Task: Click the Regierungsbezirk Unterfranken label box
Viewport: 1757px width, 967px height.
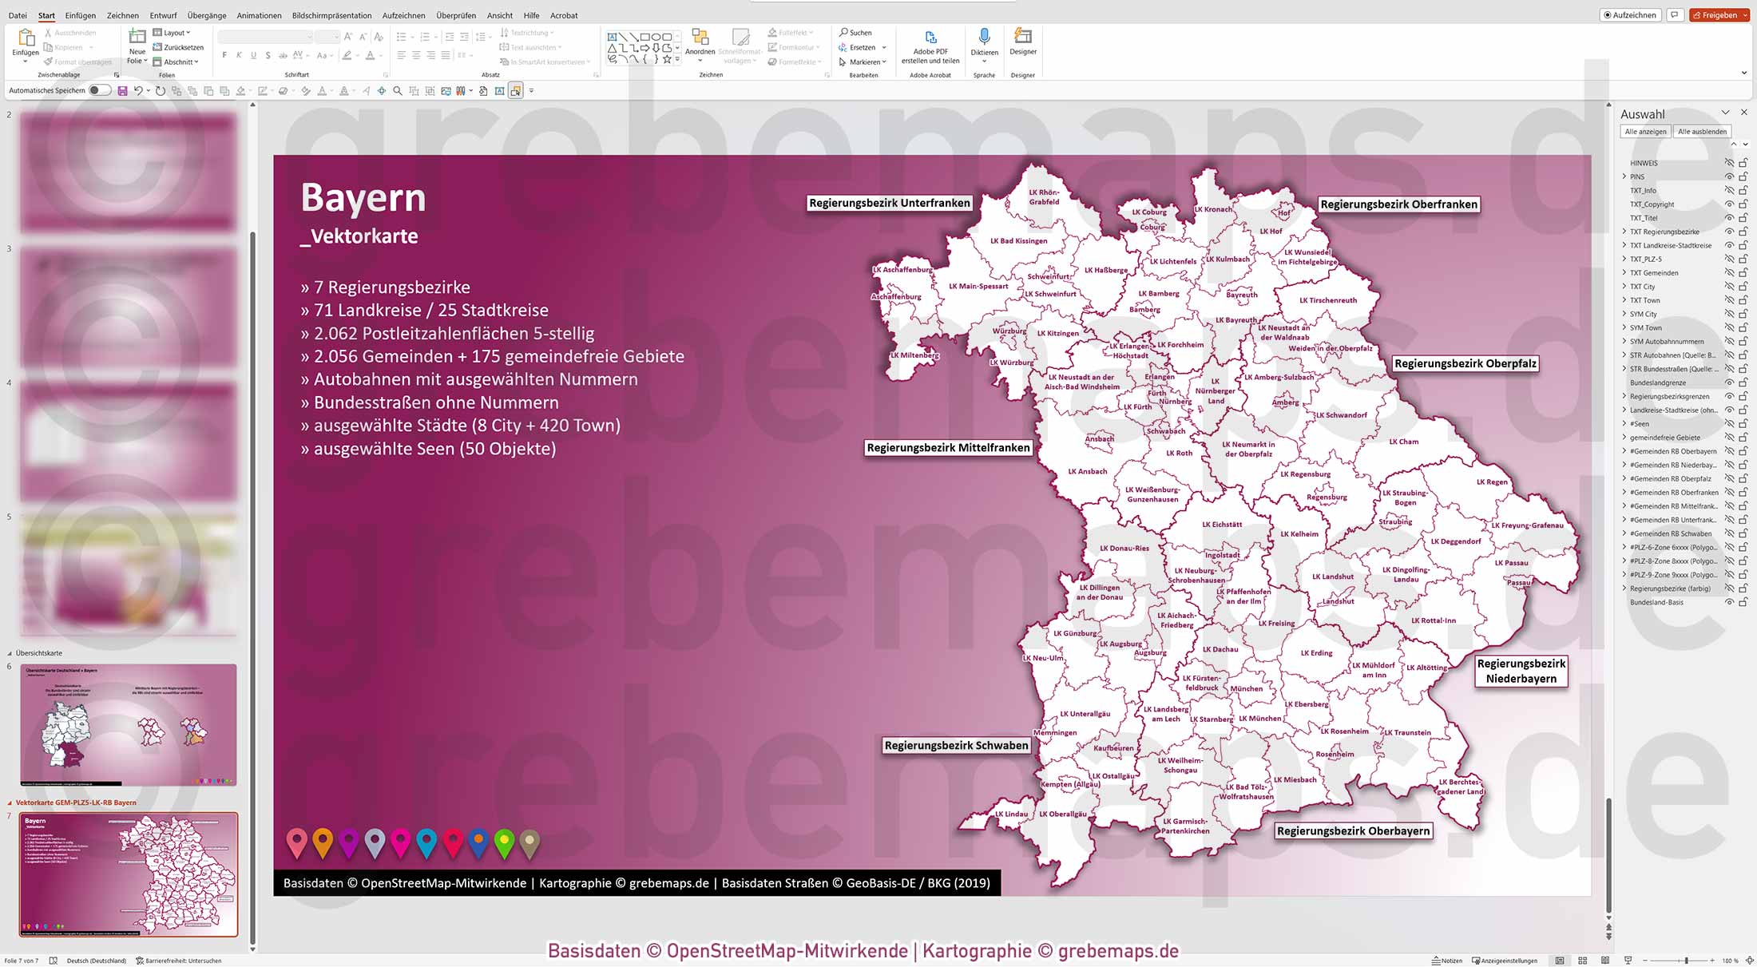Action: [889, 204]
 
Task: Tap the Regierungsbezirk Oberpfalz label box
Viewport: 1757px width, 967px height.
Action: [1465, 364]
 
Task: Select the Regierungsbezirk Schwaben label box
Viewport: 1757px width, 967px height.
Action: [956, 746]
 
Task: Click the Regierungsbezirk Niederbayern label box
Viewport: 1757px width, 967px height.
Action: [1521, 671]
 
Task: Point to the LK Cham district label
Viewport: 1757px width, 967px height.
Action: [1403, 442]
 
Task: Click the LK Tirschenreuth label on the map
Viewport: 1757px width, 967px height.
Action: [1327, 301]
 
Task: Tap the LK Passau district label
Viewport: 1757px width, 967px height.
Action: [1511, 563]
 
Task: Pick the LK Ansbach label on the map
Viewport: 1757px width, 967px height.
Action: [1087, 472]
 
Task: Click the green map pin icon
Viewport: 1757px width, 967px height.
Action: [504, 842]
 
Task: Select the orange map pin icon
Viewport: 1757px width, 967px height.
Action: [323, 841]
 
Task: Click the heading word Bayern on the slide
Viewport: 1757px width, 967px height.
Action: [363, 198]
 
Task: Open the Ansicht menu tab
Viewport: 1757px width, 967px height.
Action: [500, 15]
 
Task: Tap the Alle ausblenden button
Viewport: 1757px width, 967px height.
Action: [1702, 132]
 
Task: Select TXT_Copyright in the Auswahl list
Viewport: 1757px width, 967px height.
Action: [1652, 204]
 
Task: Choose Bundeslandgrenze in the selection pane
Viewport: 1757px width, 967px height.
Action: [1657, 383]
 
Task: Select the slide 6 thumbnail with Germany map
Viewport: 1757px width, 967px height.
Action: [129, 724]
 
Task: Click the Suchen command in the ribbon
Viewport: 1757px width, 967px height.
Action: [855, 33]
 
